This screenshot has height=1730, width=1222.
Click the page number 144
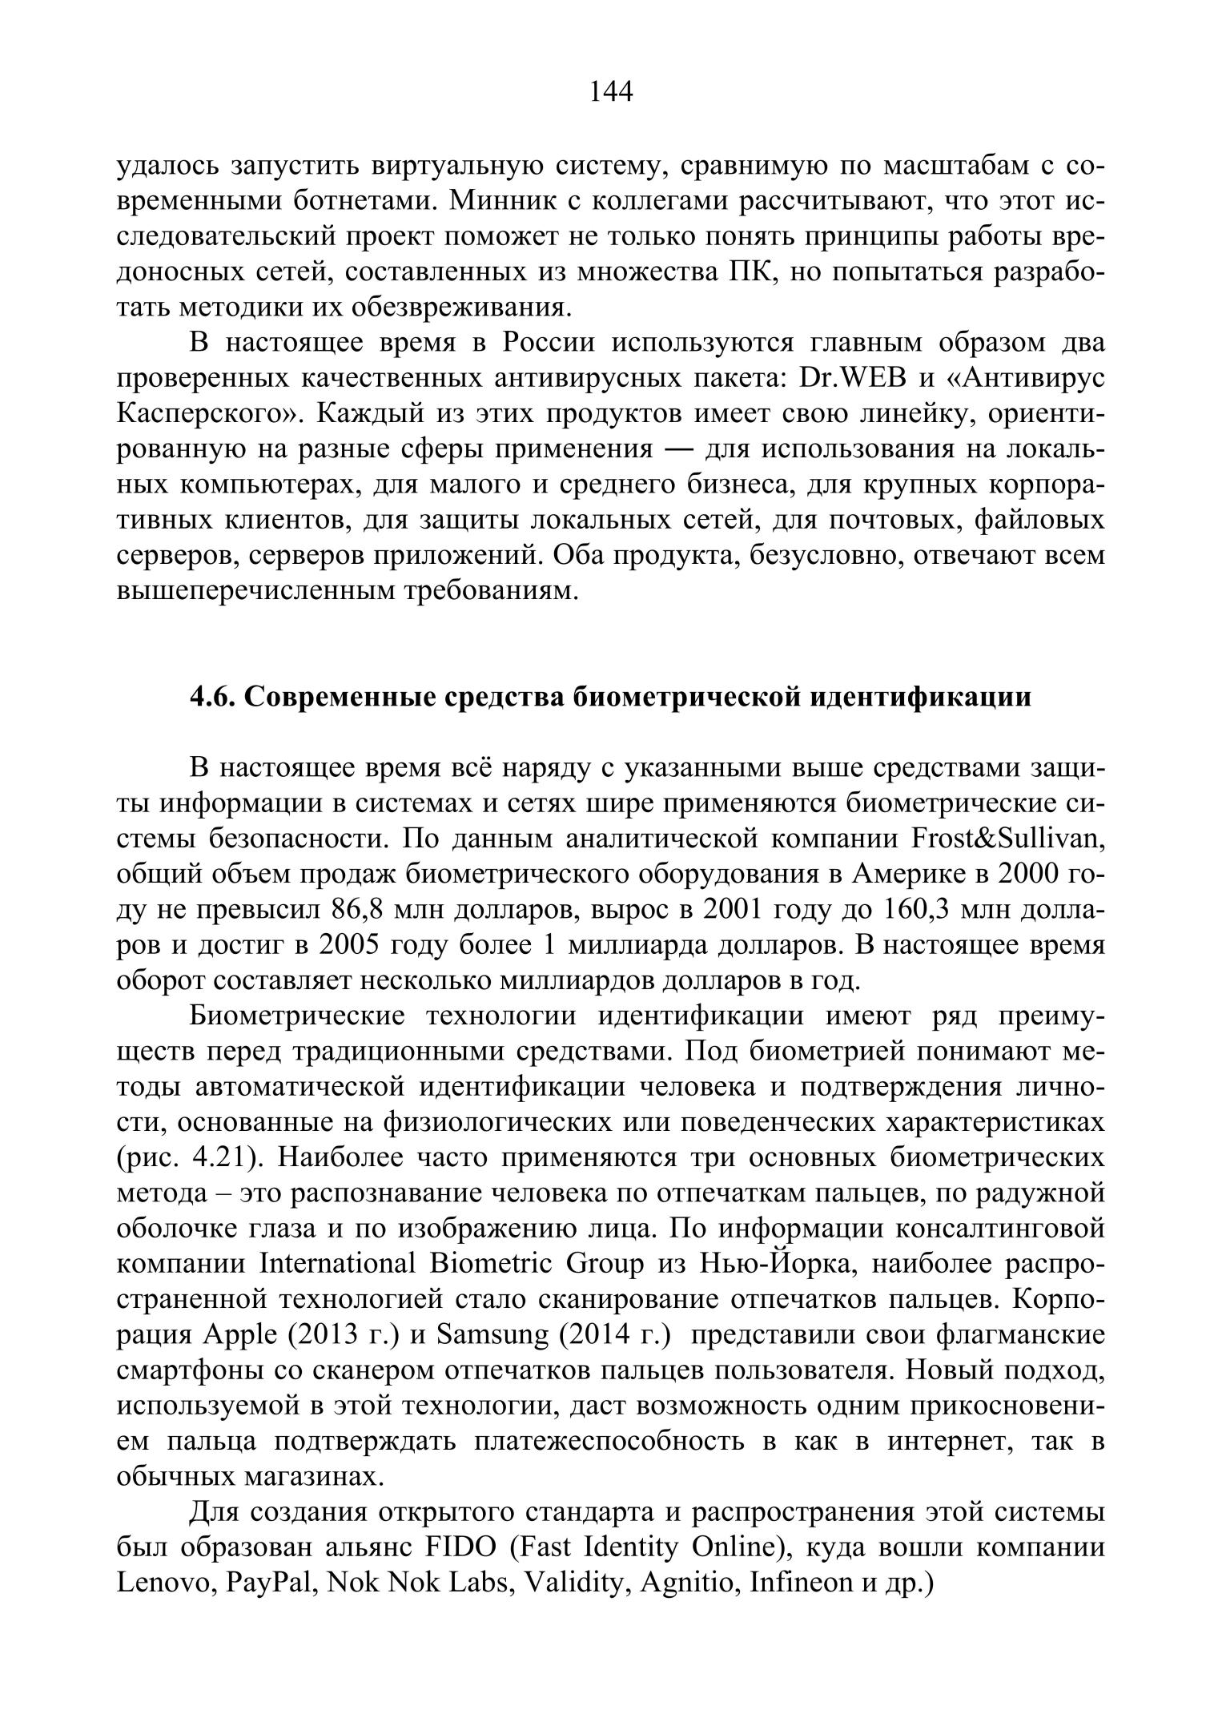pyautogui.click(x=611, y=93)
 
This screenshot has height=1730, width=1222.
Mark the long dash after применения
pyautogui.click(x=678, y=449)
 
